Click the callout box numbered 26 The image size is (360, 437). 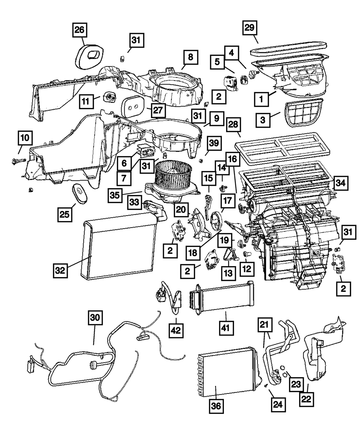(80, 30)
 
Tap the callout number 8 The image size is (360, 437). (190, 57)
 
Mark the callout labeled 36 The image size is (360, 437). (217, 407)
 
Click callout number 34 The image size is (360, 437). (340, 183)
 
